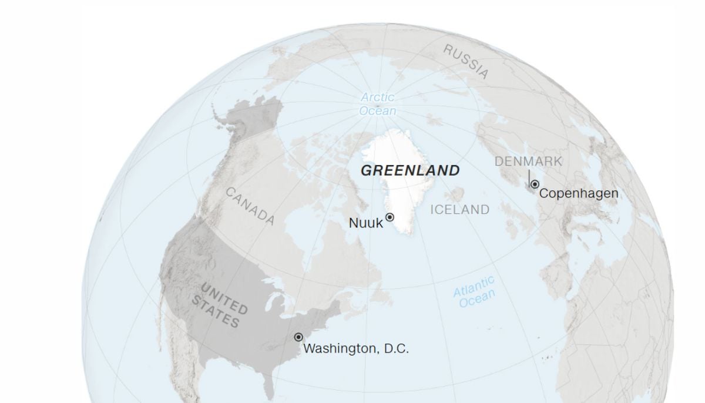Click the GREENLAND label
tap(409, 171)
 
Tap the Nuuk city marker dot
tap(390, 217)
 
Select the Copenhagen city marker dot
tap(535, 184)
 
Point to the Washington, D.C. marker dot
tap(298, 337)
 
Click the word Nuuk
tap(365, 223)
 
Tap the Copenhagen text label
tap(579, 193)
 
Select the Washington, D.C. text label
tap(356, 348)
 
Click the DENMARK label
tap(528, 161)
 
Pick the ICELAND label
tap(459, 210)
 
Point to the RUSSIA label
tap(466, 61)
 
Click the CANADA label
tap(250, 206)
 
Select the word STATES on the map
tap(215, 312)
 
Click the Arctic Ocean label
tap(378, 104)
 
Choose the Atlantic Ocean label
tap(475, 292)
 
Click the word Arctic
tap(378, 97)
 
